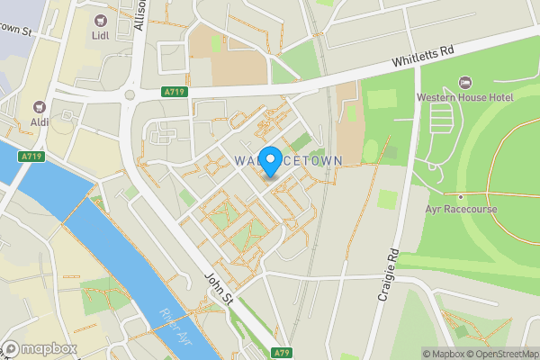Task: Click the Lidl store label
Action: pos(99,36)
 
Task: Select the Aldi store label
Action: pos(40,121)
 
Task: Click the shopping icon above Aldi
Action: pos(40,104)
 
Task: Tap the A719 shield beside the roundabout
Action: pos(175,92)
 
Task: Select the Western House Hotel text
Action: pos(463,96)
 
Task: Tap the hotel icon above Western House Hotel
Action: pos(464,81)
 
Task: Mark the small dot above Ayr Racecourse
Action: pos(460,196)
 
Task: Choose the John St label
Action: pos(219,291)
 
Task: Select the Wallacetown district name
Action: pos(288,160)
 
